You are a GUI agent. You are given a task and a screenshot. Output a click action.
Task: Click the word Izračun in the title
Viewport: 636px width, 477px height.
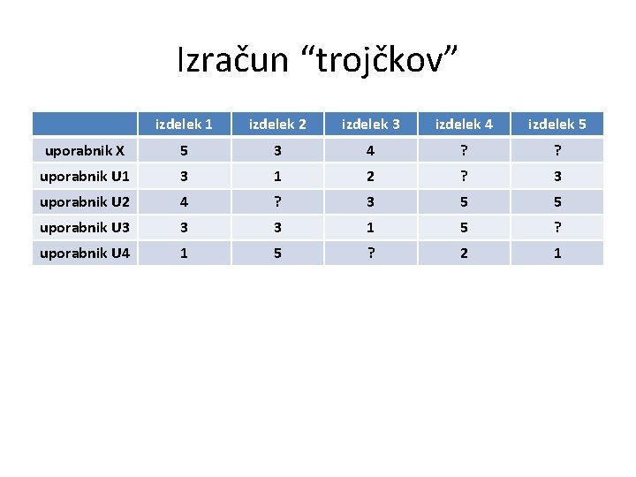(x=232, y=61)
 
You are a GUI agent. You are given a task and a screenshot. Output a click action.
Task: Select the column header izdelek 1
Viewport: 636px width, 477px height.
(x=184, y=125)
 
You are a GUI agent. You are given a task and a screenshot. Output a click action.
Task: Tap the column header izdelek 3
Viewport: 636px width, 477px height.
(x=370, y=125)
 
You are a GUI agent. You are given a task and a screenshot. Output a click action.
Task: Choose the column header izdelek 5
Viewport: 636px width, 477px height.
(x=556, y=125)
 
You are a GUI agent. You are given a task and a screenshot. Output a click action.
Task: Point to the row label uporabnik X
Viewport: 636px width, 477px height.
(x=84, y=150)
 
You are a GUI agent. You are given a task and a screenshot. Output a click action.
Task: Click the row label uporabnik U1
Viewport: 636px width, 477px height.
(x=84, y=176)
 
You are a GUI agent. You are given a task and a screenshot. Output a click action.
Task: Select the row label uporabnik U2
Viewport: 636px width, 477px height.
(x=84, y=201)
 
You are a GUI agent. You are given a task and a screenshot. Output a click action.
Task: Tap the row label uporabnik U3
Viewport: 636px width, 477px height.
(x=84, y=227)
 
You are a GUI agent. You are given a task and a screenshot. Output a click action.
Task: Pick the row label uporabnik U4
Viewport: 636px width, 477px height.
(x=84, y=253)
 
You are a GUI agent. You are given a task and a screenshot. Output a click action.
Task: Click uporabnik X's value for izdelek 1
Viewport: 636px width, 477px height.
(x=184, y=150)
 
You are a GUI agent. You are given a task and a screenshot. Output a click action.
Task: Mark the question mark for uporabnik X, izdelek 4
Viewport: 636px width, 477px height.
(x=464, y=150)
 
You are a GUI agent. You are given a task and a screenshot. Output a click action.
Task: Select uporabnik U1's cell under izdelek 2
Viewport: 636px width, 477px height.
(x=277, y=176)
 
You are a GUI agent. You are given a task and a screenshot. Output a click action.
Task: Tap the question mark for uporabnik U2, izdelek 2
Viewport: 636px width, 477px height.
(x=277, y=201)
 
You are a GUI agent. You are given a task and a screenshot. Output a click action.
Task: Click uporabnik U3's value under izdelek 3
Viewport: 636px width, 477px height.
(x=370, y=227)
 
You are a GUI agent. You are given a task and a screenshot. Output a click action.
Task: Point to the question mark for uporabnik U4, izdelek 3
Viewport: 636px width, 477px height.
(x=370, y=253)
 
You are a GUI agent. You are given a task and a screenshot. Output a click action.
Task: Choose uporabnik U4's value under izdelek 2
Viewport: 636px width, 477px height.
(x=277, y=253)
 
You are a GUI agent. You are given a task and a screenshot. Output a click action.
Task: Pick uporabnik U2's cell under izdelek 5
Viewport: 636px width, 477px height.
(x=556, y=201)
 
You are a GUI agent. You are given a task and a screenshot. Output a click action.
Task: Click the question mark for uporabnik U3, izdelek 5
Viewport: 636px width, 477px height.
(x=556, y=227)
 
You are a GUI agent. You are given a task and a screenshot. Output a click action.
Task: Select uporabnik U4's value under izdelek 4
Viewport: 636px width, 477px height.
(x=464, y=253)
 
